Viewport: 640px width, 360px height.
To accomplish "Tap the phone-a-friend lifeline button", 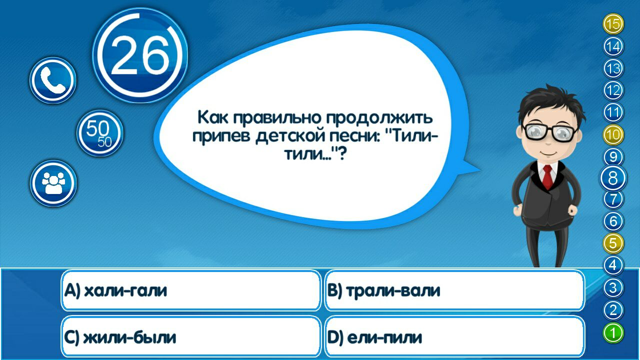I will pyautogui.click(x=53, y=80).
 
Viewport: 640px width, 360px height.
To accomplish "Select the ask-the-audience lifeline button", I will pyautogui.click(x=53, y=183).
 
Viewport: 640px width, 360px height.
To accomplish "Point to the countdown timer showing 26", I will pyautogui.click(x=140, y=55).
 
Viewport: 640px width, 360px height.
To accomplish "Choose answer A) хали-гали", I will pyautogui.click(x=190, y=290).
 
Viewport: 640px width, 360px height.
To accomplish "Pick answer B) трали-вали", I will pyautogui.click(x=454, y=290).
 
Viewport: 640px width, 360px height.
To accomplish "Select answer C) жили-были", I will pyautogui.click(x=190, y=337).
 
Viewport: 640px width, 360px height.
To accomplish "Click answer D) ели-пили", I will pyautogui.click(x=454, y=337).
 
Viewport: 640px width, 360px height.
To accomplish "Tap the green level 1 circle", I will pyautogui.click(x=613, y=333).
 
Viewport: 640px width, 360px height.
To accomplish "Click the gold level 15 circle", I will pyautogui.click(x=613, y=24).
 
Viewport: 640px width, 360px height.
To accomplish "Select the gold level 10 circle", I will pyautogui.click(x=613, y=134).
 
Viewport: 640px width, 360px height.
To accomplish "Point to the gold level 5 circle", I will pyautogui.click(x=613, y=244).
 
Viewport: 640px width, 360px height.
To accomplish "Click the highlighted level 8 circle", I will pyautogui.click(x=613, y=178).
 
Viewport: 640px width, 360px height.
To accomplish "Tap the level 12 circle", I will pyautogui.click(x=613, y=90).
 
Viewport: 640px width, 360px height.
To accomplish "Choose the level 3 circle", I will pyautogui.click(x=613, y=288).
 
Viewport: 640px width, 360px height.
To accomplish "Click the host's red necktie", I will pyautogui.click(x=547, y=177).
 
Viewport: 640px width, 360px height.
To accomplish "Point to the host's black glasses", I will pyautogui.click(x=550, y=132).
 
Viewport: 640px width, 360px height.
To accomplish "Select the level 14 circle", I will pyautogui.click(x=613, y=47).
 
